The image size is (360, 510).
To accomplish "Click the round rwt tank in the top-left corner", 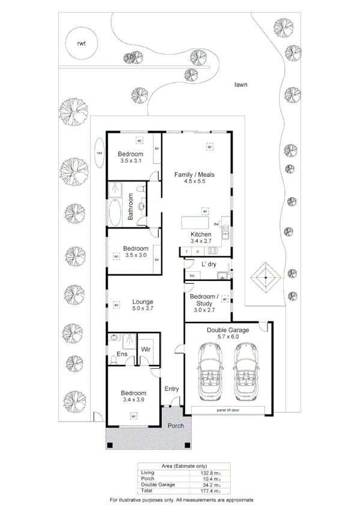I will coord(80,44).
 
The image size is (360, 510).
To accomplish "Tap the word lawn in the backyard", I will coord(241,85).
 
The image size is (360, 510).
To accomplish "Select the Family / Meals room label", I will coord(194,175).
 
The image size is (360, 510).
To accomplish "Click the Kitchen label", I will coord(201,234).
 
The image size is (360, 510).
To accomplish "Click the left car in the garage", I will coord(209,373).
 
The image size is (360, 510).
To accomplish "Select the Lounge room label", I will coord(142,302).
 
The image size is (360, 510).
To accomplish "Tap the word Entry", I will coord(172,389).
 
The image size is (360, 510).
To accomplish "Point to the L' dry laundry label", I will coord(209,264).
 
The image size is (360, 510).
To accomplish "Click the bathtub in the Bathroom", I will coord(114,212).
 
